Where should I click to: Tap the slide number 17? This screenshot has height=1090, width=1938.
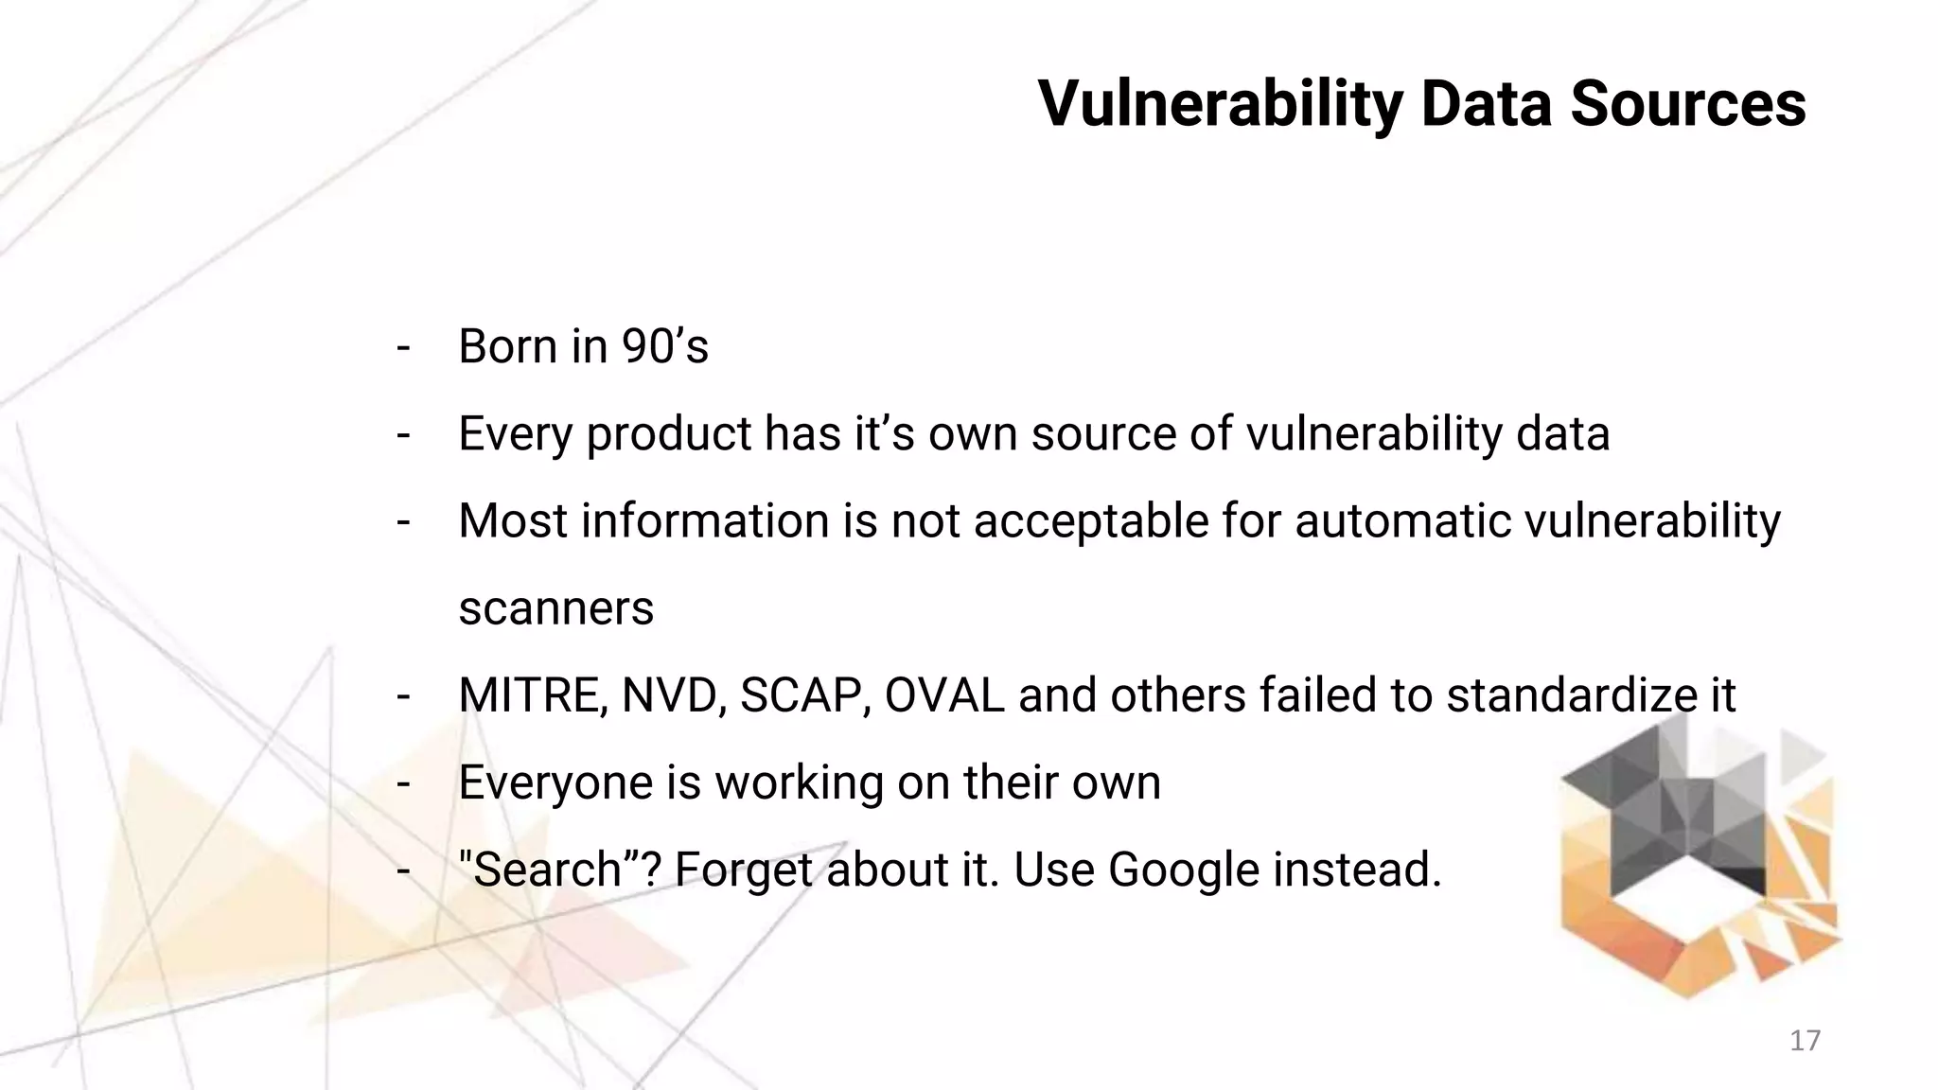tap(1805, 1041)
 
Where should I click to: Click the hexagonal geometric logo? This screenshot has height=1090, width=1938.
tap(1699, 856)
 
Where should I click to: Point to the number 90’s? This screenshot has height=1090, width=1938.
tap(664, 346)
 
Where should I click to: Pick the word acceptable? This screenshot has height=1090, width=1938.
tap(1091, 521)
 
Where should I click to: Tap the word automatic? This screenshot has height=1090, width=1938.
tap(1402, 521)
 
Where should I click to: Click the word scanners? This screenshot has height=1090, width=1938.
tap(555, 608)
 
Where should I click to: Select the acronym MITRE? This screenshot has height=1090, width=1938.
tap(532, 696)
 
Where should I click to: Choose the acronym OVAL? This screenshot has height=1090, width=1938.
tap(943, 696)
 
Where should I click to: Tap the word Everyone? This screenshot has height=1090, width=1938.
tap(552, 783)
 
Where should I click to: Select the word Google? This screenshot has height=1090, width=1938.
tap(1184, 870)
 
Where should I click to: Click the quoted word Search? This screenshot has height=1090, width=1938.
tap(547, 870)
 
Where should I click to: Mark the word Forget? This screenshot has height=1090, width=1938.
tap(744, 870)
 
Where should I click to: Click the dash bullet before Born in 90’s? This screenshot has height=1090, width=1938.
tap(404, 346)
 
